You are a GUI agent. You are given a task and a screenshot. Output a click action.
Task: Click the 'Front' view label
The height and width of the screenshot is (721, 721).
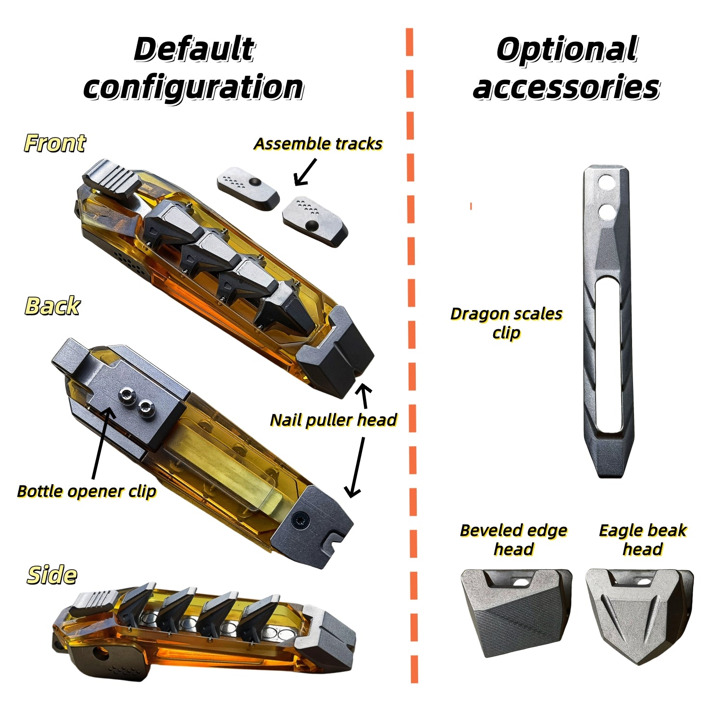pyautogui.click(x=55, y=143)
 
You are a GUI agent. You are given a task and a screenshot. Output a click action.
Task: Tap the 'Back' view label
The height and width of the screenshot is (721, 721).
pyautogui.click(x=52, y=306)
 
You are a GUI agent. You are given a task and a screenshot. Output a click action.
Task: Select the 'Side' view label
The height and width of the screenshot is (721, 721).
pyautogui.click(x=52, y=575)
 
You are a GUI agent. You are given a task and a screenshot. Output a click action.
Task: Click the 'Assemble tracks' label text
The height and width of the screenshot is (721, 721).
pyautogui.click(x=318, y=144)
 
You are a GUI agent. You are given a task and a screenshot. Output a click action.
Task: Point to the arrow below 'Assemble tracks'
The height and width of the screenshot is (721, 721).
pyautogui.click(x=305, y=172)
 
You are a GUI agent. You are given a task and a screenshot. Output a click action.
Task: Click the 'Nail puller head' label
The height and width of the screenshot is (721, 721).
pyautogui.click(x=334, y=420)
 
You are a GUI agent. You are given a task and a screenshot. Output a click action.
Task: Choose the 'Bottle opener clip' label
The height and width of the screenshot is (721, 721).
pyautogui.click(x=87, y=491)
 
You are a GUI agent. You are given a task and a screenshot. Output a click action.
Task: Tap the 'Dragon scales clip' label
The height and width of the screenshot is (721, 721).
pyautogui.click(x=506, y=323)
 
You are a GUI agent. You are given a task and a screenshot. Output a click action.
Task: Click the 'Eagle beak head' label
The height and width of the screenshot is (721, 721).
pyautogui.click(x=643, y=539)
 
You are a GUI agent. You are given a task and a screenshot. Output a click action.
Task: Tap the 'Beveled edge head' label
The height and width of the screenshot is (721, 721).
pyautogui.click(x=513, y=539)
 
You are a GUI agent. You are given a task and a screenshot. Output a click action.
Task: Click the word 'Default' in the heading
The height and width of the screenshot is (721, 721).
pyautogui.click(x=194, y=49)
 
